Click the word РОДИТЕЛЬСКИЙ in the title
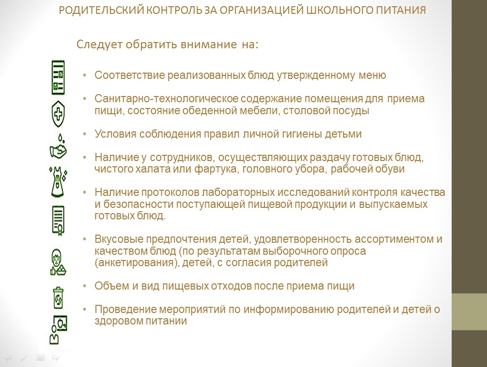point(101,10)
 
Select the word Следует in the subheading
point(99,44)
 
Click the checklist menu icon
point(58,77)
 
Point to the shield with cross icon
point(58,113)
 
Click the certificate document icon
point(58,220)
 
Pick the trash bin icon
point(58,298)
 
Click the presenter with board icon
point(58,329)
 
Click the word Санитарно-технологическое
point(166,99)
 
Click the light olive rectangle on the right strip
point(469,312)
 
